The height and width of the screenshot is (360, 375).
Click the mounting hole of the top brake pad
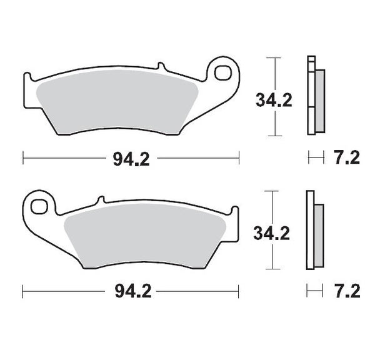(222, 72)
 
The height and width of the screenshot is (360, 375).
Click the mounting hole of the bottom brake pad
(39, 205)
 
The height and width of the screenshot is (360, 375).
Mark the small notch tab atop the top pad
(161, 66)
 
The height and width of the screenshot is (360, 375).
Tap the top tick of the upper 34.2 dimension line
(271, 58)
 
